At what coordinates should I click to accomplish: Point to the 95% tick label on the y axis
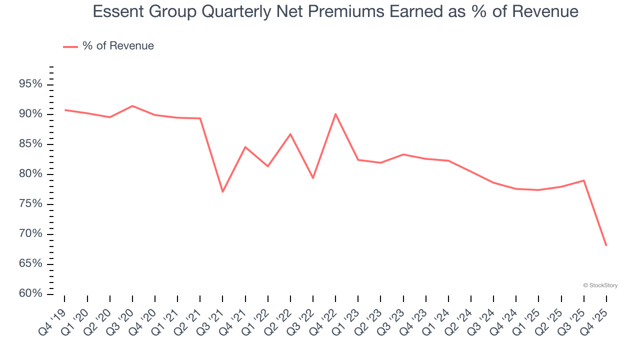pos(30,84)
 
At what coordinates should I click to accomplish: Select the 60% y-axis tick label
pos(30,293)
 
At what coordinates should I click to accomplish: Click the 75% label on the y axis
pos(30,204)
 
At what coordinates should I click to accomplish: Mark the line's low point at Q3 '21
pos(222,192)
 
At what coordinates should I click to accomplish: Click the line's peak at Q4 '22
pos(335,114)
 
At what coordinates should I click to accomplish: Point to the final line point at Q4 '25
pos(606,245)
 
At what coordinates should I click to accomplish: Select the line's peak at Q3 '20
pos(132,106)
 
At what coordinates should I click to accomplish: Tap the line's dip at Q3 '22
pos(313,178)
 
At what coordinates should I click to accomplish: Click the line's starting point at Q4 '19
pos(64,110)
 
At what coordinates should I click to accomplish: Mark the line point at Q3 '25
pos(583,180)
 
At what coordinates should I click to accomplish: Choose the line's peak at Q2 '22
pos(290,134)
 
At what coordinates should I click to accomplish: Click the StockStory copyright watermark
pos(600,285)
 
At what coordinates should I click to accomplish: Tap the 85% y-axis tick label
pos(30,144)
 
